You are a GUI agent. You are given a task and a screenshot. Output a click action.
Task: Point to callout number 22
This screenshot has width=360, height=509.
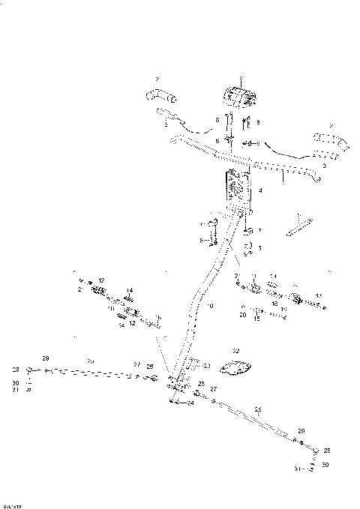pos(235,351)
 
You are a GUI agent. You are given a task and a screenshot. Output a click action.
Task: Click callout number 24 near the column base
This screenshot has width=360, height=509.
pos(190,403)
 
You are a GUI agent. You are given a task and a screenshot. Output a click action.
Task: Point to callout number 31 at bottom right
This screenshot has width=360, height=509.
pos(298,469)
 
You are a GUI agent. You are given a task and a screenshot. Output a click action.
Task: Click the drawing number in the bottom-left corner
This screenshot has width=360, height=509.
pos(10,505)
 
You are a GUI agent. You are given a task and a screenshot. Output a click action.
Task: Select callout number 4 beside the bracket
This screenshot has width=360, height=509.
pos(259,191)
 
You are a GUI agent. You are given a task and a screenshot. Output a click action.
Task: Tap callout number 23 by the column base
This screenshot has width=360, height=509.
pos(208,365)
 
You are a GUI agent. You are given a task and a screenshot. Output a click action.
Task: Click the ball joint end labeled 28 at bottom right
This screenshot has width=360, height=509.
pos(316,451)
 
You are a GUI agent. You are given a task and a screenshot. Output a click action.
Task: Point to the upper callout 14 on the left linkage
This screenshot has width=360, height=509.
pos(129,290)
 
